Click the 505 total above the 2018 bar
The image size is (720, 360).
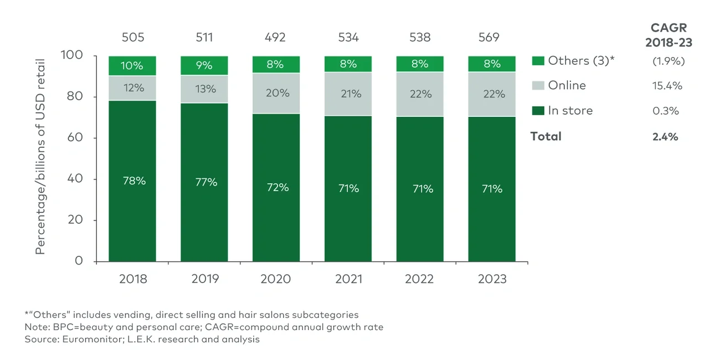point(132,38)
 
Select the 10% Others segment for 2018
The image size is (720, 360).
point(132,65)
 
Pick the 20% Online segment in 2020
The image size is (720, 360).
point(276,93)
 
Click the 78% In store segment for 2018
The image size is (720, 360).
point(132,181)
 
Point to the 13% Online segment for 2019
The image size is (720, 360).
point(204,89)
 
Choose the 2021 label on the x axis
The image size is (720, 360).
point(348,279)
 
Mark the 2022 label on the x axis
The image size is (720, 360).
point(420,279)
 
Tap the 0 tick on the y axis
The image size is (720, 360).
point(79,261)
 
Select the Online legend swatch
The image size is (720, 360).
point(537,86)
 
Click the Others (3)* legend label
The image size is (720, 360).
point(582,61)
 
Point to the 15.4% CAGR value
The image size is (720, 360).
point(667,86)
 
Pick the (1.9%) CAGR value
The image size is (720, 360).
point(668,61)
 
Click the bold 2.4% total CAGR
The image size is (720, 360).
point(666,136)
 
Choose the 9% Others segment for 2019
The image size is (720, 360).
point(204,65)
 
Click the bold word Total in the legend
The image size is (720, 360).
point(546,136)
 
